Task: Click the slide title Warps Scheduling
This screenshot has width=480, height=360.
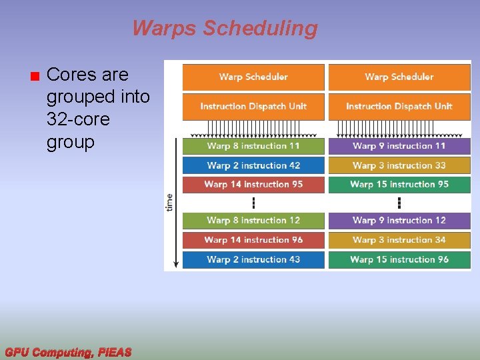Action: tap(225, 29)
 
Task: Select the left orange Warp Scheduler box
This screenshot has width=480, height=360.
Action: tap(253, 77)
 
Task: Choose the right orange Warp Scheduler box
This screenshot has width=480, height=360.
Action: tap(399, 77)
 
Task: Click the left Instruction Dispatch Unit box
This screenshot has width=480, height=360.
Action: tap(253, 107)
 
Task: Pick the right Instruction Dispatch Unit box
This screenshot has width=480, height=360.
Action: tap(399, 107)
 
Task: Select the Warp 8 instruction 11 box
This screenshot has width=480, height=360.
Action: tap(253, 146)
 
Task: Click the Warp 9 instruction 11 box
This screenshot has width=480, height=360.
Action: tap(399, 146)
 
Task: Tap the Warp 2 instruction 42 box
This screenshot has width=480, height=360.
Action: tap(253, 165)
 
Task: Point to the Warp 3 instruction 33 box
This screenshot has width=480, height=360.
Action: tap(399, 165)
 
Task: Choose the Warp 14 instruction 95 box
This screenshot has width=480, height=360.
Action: tap(253, 185)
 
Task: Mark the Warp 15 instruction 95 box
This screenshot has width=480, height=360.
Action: tap(399, 185)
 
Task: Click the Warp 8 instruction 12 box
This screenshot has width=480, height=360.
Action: tap(253, 221)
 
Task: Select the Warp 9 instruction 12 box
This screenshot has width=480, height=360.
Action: tap(399, 221)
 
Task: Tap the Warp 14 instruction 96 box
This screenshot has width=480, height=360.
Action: tap(253, 240)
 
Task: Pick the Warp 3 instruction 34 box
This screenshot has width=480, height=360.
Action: tap(399, 240)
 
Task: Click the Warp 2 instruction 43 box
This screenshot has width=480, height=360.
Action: tap(253, 259)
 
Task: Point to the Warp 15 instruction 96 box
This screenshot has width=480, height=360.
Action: tap(399, 259)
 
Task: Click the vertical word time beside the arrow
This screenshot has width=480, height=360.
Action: tap(169, 202)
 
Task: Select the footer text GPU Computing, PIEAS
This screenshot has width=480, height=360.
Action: tap(68, 352)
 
